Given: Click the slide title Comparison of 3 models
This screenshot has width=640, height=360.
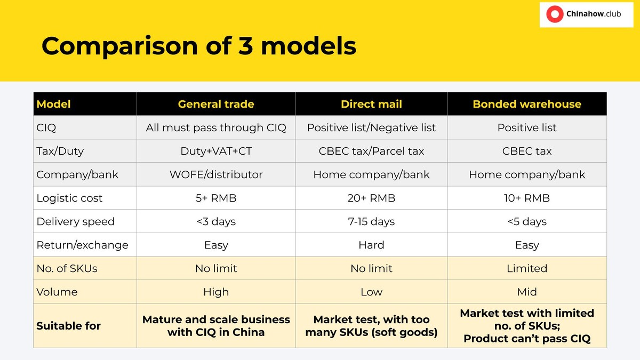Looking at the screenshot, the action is click(199, 46).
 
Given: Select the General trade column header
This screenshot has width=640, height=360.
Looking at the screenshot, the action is click(216, 104).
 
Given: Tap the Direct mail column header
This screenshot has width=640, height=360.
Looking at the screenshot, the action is click(371, 104).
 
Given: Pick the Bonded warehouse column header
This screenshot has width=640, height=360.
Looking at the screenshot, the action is click(527, 104).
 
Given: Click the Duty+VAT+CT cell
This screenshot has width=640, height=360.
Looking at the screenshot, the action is click(216, 151).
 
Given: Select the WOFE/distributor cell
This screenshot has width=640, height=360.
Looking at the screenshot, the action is click(216, 174).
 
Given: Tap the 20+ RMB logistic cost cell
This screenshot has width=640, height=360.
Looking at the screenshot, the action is click(371, 198).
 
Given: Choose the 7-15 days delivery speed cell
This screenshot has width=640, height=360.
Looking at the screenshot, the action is click(371, 221).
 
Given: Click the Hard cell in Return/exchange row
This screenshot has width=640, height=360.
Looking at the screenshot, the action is click(371, 245).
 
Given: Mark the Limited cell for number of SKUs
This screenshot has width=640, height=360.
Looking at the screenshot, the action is click(527, 268).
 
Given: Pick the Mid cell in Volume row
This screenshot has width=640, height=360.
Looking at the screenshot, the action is click(527, 292).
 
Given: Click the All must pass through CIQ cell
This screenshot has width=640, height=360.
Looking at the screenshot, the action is click(216, 127).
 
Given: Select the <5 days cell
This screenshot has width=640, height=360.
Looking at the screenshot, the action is click(527, 221).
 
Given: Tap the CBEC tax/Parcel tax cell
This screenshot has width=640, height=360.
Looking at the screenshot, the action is click(371, 151).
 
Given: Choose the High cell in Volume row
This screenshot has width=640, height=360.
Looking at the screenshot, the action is click(216, 292).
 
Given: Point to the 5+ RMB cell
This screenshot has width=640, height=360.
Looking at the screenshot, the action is click(216, 198).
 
